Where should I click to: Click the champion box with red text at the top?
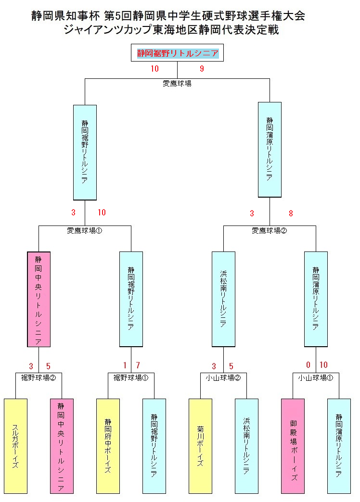178,53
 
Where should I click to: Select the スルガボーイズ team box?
15,446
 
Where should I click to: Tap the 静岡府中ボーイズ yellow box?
108,446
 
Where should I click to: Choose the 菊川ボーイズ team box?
200,446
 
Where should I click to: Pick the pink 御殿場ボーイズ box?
293,446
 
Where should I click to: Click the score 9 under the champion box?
202,69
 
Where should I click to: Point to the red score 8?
291,213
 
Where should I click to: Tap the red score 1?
125,365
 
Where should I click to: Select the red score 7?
138,365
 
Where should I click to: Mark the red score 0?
309,365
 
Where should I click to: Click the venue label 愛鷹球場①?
85,231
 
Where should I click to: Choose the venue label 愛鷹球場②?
270,231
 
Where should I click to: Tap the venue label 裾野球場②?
39,377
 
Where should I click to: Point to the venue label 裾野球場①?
131,377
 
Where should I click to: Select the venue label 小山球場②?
223,377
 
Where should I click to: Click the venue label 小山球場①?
316,377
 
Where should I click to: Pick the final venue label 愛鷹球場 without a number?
177,84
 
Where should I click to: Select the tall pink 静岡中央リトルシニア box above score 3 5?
39,299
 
